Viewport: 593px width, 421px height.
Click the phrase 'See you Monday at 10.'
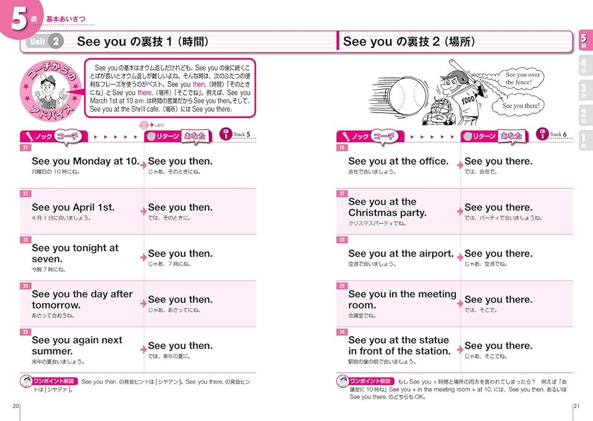[x=85, y=162]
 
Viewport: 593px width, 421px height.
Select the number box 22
[x=25, y=193]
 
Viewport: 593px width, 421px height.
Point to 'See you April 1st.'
[x=73, y=207]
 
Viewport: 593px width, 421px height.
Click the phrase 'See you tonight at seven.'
[x=75, y=254]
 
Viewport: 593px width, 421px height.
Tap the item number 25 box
[x=25, y=331]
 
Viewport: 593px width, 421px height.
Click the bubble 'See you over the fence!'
[x=523, y=78]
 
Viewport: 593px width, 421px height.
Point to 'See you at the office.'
[x=398, y=162]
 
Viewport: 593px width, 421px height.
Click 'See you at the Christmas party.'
[x=387, y=207]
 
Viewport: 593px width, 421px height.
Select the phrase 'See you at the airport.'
[x=401, y=254]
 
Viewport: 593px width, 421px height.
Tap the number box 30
[x=342, y=331]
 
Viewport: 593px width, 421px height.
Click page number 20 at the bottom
[x=16, y=406]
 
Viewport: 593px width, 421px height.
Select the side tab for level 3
[x=583, y=90]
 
